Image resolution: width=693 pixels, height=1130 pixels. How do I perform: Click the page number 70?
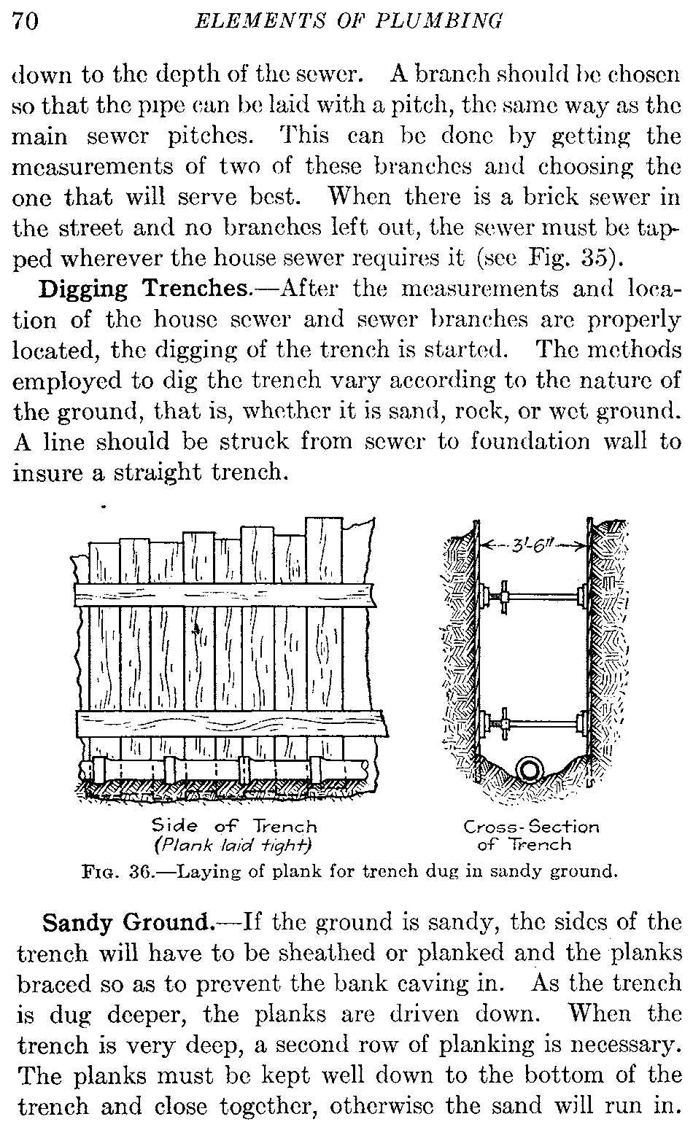tap(26, 22)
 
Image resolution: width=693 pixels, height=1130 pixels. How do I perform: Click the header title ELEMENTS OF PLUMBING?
tap(349, 21)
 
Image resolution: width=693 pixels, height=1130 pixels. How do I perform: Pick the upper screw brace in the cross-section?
tap(532, 597)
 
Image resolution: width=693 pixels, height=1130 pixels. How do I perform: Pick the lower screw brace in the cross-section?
tap(532, 724)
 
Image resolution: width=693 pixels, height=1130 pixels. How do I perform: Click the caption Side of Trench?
tap(234, 826)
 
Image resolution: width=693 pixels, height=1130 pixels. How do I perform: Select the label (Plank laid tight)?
tap(233, 845)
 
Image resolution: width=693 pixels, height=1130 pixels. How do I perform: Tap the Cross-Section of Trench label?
tap(531, 836)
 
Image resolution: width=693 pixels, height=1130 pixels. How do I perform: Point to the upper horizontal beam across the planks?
tap(225, 595)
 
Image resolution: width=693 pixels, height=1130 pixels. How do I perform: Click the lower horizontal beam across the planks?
tap(232, 724)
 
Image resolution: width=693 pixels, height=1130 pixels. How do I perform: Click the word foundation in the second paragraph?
tap(530, 441)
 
